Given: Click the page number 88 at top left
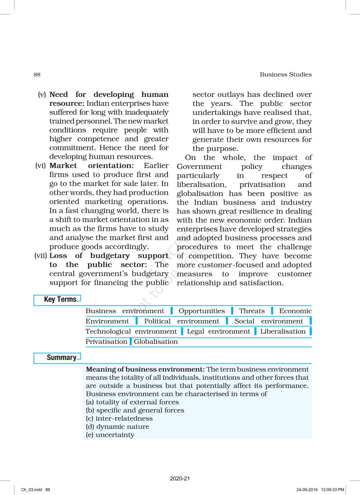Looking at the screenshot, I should coord(37,75).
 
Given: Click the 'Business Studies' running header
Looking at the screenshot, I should coord(285,75).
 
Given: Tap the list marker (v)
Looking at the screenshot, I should coord(42,95).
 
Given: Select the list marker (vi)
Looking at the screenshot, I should coord(41,166).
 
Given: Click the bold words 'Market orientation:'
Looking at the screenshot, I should coord(91,166).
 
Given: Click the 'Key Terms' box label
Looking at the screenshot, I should coord(60,299).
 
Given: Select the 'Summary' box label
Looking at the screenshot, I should coord(61,357).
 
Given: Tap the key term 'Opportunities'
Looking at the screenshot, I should coord(202,311).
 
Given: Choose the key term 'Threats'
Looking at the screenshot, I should coord(252,311).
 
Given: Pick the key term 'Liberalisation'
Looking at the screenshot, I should coord(283,331).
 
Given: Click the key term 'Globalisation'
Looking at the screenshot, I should coord(156,342).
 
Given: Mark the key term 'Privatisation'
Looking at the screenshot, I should coord(106,342).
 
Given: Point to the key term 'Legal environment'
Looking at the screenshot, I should coord(218,331).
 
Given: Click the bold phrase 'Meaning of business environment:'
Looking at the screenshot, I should coord(145,369).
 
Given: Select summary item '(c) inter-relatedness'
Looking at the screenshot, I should coord(119,418).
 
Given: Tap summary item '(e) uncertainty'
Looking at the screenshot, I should coord(110,435).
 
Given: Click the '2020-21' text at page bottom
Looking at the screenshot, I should coord(180,478).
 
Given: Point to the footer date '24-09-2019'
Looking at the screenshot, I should coord(307,490).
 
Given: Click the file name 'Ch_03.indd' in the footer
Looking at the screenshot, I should coord(31,490).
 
